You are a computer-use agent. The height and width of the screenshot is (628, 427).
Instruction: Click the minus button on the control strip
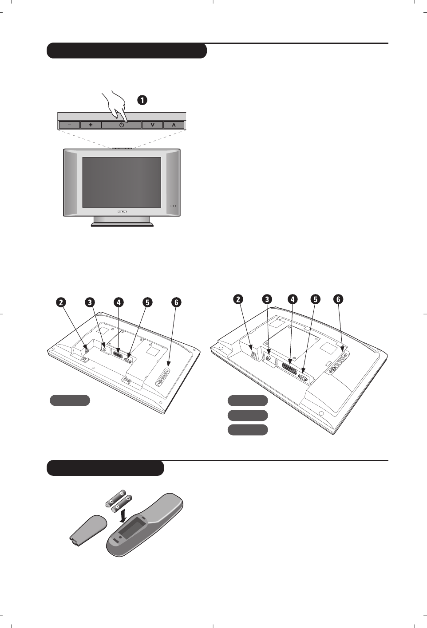click(69, 125)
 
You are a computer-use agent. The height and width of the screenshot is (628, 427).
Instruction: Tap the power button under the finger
click(122, 125)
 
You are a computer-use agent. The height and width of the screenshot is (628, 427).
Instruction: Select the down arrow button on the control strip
click(152, 125)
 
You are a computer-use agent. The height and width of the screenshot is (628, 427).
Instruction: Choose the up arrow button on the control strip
click(174, 125)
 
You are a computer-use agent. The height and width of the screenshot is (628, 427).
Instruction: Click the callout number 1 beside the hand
click(142, 100)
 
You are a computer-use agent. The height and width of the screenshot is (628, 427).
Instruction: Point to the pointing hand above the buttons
click(114, 104)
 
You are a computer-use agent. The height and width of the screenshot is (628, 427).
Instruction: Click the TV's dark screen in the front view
click(122, 182)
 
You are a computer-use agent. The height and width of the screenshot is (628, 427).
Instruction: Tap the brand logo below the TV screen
click(122, 212)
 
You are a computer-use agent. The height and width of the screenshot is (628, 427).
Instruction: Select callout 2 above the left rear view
click(61, 302)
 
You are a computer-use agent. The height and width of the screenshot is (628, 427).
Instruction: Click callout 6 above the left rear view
click(176, 302)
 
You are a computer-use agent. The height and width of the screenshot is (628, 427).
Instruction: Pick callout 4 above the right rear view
click(292, 299)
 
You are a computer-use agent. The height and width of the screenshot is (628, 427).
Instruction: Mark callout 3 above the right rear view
click(267, 299)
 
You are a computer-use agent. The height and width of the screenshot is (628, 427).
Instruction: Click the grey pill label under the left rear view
click(70, 400)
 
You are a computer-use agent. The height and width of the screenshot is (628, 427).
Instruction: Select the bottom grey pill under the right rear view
click(248, 430)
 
